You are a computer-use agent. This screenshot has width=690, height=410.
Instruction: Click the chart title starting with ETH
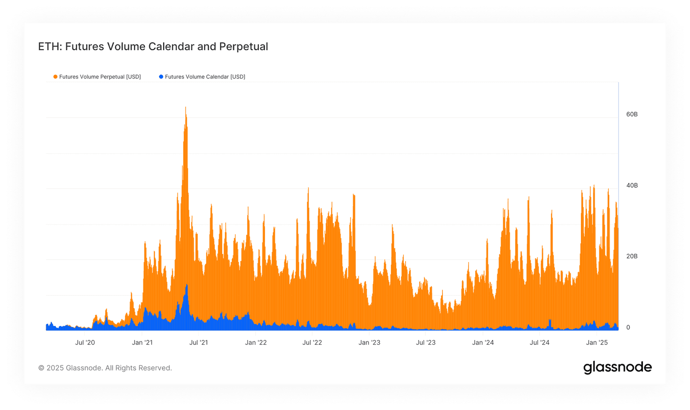tap(153, 47)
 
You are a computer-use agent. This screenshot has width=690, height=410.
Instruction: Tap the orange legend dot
tap(55, 77)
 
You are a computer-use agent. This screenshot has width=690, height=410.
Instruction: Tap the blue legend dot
tap(161, 77)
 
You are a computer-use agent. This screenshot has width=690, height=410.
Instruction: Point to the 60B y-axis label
tap(632, 115)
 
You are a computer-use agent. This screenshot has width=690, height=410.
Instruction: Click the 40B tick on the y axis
tap(632, 185)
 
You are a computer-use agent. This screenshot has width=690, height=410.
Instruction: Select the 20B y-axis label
tap(632, 256)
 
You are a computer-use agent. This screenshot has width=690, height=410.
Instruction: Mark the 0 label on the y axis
tap(628, 327)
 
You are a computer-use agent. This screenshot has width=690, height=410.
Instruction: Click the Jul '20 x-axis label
tap(85, 343)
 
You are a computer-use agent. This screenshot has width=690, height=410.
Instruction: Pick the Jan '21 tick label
tap(142, 343)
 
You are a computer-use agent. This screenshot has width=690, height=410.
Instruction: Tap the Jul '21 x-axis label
tap(199, 343)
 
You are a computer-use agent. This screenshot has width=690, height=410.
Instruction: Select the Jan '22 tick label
tap(256, 343)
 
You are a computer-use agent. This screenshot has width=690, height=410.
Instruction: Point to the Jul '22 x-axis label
tap(312, 343)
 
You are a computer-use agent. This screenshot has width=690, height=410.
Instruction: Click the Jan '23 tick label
tap(369, 343)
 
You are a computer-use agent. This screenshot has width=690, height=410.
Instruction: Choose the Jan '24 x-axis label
tap(483, 343)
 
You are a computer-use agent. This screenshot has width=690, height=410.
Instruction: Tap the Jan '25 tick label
tap(597, 343)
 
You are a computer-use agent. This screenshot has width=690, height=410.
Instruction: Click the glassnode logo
tap(617, 367)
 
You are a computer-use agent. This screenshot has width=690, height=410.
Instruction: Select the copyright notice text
tap(105, 368)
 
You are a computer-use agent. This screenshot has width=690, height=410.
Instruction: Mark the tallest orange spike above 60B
tap(186, 109)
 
